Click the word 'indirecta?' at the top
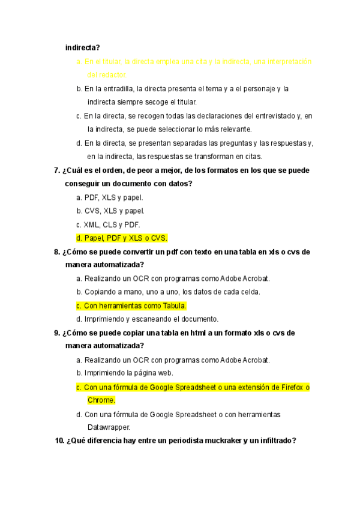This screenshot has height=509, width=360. [83, 47]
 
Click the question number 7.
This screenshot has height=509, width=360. [57, 170]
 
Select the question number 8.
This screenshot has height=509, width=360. [57, 252]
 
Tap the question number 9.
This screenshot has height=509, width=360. [57, 333]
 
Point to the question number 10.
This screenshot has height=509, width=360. [59, 441]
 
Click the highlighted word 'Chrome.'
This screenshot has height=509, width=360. [101, 400]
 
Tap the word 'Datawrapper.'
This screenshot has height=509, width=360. [109, 428]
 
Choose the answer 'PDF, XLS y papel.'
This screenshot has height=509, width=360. [109, 197]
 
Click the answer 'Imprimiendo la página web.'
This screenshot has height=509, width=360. [124, 373]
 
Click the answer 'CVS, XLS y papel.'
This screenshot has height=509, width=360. [110, 211]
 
